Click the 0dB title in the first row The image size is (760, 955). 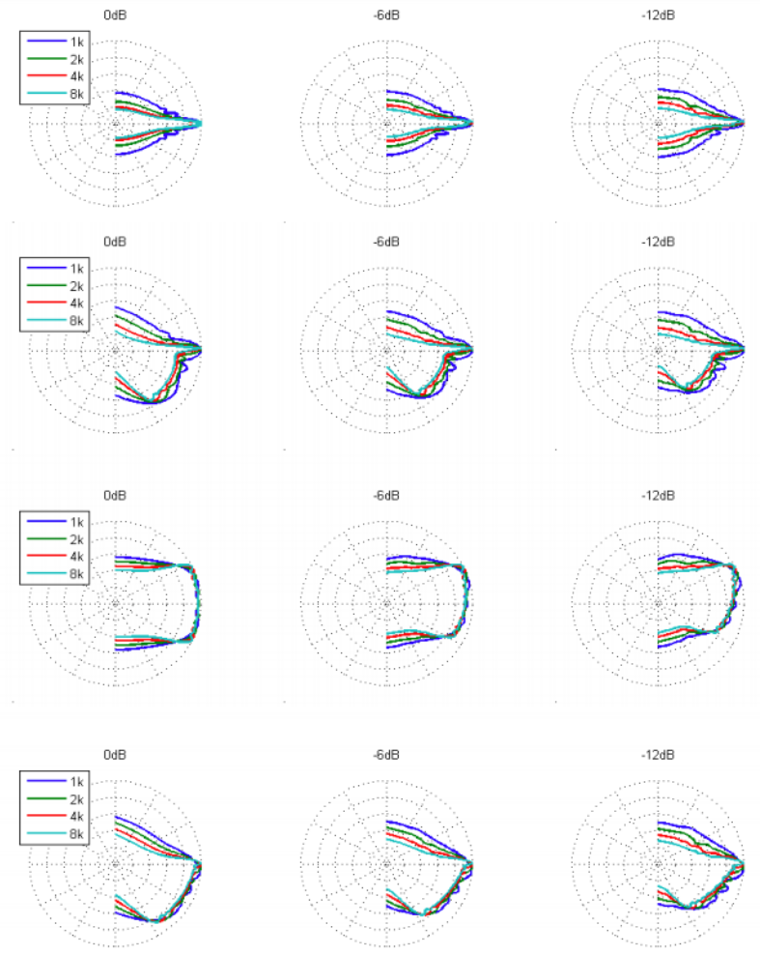[x=115, y=15]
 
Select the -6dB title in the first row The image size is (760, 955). [x=386, y=15]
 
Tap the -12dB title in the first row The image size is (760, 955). [x=659, y=15]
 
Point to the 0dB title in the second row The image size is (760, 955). [x=115, y=241]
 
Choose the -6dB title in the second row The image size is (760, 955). [x=386, y=241]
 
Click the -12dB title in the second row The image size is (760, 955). [x=659, y=241]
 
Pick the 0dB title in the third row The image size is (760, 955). [x=115, y=495]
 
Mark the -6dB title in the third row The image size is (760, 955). [x=386, y=495]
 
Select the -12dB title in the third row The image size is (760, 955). [x=659, y=495]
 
